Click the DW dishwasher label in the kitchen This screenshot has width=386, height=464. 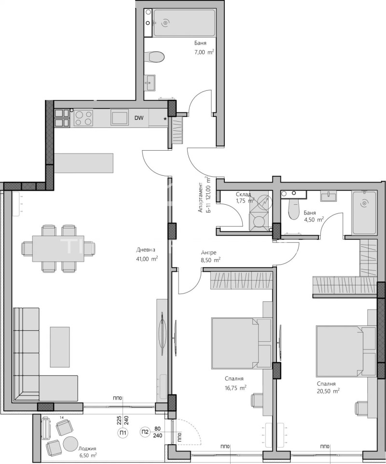(x=138, y=117)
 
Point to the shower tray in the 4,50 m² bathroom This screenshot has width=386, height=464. (x=364, y=213)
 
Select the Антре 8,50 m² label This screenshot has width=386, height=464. (x=211, y=256)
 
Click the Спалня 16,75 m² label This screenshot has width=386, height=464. (x=235, y=383)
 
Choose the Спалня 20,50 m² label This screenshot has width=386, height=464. (x=328, y=387)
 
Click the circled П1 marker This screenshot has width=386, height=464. (x=123, y=433)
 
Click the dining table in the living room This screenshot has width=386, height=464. (x=58, y=248)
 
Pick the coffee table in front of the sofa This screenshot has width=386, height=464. (x=59, y=347)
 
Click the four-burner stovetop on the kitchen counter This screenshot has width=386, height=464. (x=83, y=118)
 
